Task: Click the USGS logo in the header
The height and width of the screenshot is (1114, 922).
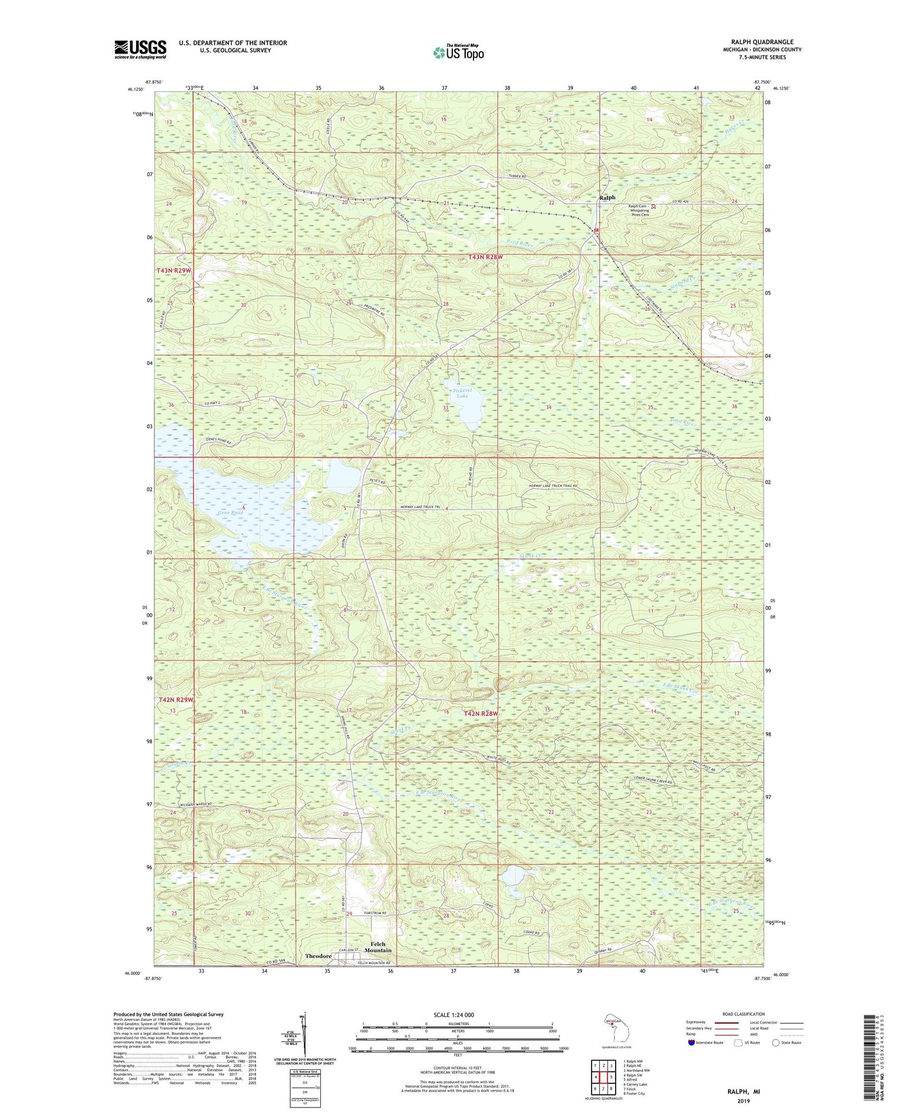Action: tap(140, 49)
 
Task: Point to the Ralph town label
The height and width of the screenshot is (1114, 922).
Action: tap(607, 198)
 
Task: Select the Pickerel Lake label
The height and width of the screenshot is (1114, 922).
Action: tap(462, 393)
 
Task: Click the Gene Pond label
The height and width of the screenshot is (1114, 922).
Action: tap(230, 512)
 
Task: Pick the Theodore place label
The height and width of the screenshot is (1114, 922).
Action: tap(318, 956)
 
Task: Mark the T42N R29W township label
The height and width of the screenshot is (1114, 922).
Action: tap(175, 700)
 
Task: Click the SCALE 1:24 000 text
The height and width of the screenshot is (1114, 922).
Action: tap(453, 1014)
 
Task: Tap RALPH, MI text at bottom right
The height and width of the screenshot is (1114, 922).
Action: tap(743, 1092)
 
